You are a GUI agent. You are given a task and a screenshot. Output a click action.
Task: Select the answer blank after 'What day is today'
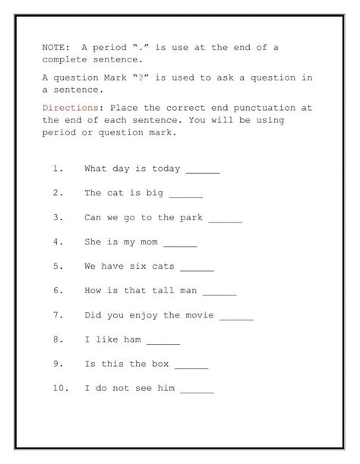click(203, 170)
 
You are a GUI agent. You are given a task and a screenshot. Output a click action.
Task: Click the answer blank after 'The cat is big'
click(186, 194)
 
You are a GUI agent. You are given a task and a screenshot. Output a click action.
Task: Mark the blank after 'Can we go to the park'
click(225, 219)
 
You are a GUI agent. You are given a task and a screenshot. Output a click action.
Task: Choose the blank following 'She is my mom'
click(180, 243)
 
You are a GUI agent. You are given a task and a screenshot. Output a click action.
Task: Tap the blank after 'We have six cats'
click(197, 267)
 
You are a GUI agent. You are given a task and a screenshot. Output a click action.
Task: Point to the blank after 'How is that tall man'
click(219, 292)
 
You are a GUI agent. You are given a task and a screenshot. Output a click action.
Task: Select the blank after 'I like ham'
click(163, 340)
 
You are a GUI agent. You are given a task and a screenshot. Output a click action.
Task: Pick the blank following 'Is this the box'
click(191, 365)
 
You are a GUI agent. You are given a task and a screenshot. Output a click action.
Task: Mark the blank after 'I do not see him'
click(197, 389)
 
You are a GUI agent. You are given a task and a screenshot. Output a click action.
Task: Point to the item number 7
click(58, 315)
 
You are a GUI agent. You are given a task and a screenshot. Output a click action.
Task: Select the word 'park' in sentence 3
click(191, 218)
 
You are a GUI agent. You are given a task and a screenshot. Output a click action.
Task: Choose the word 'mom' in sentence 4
click(149, 242)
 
